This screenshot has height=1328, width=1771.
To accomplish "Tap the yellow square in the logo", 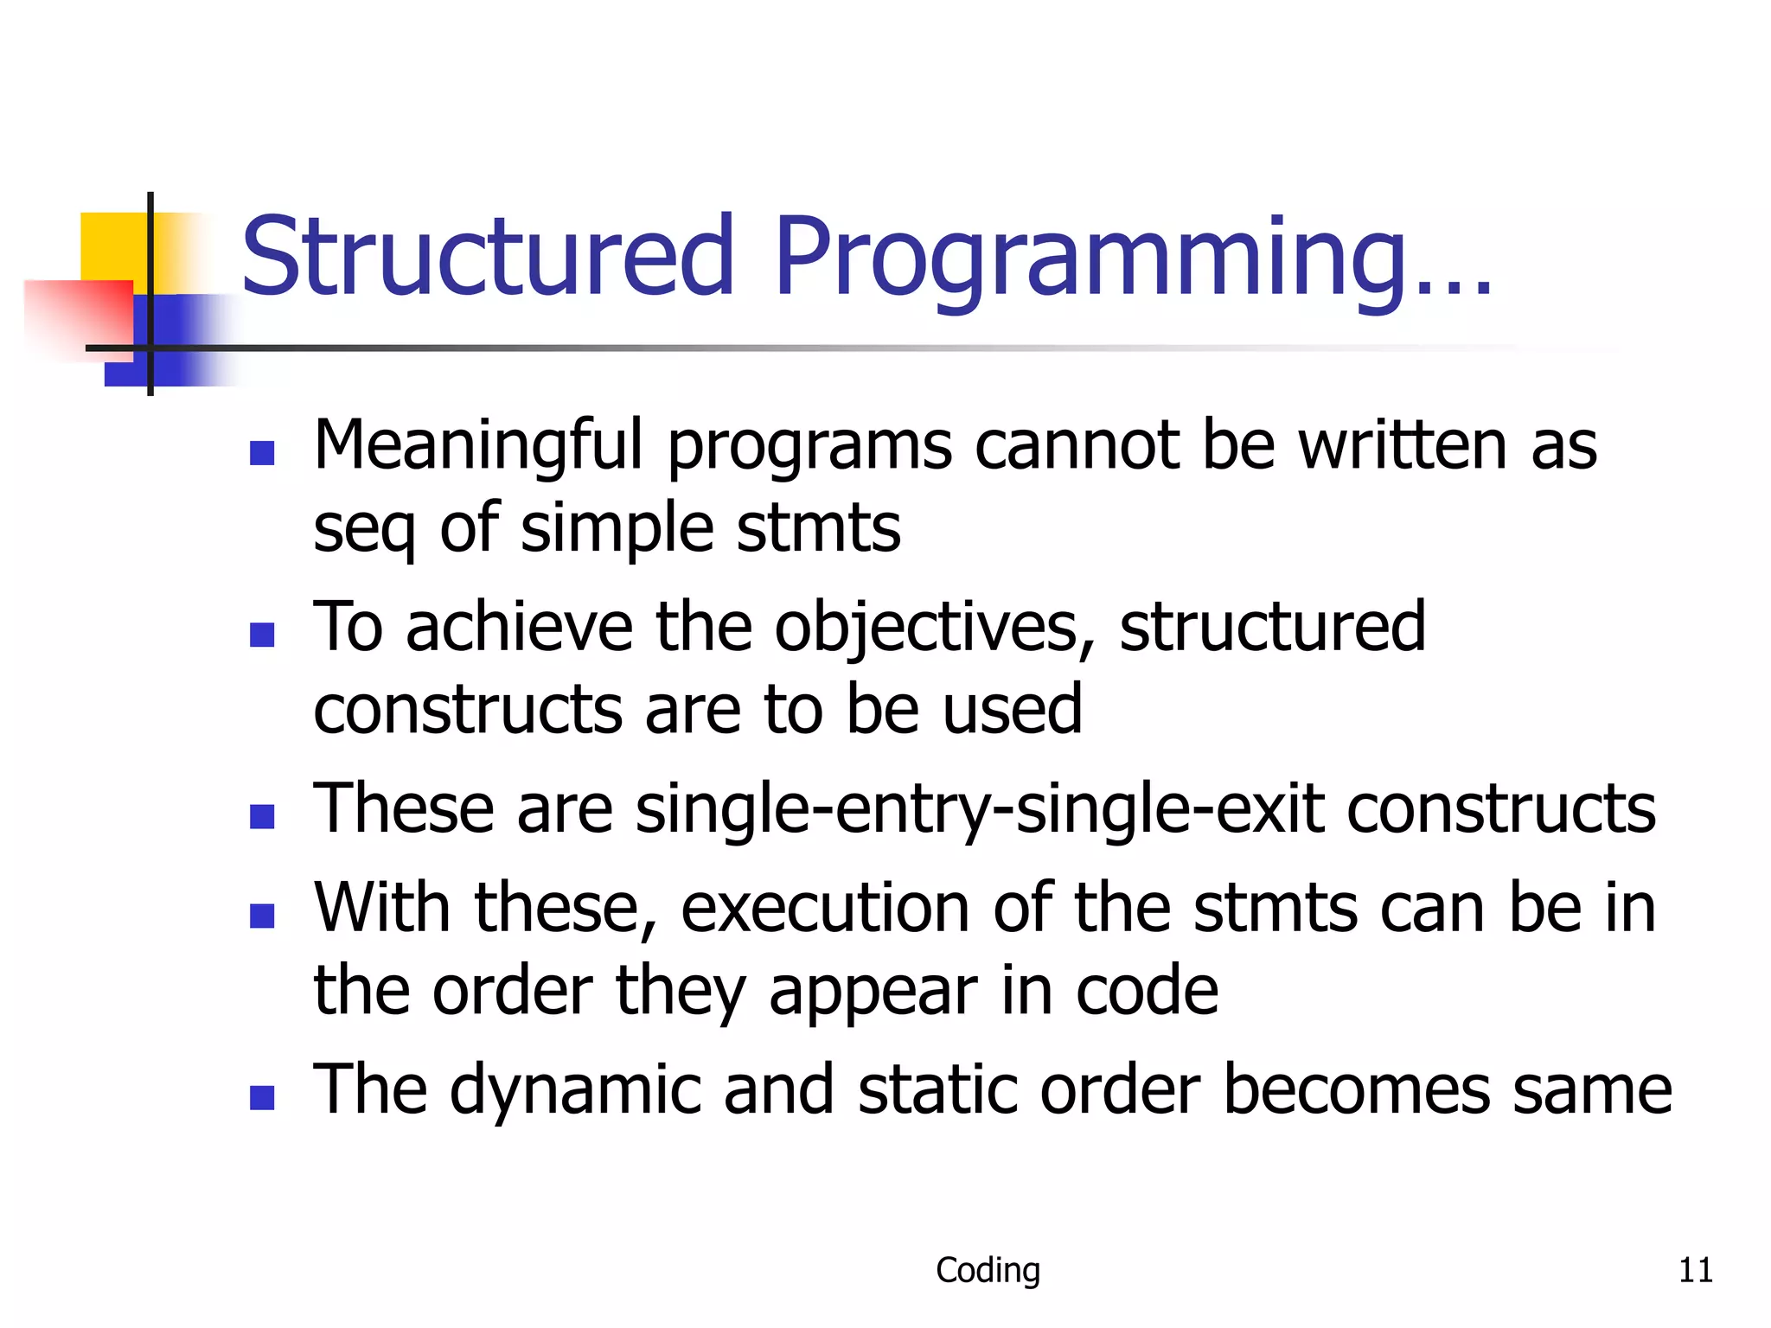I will point(112,246).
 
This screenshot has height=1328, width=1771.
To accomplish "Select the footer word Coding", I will point(988,1270).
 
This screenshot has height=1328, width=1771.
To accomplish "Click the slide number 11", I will point(1695,1270).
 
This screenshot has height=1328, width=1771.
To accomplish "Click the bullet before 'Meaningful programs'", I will point(262,453).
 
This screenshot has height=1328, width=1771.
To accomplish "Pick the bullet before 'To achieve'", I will point(262,635).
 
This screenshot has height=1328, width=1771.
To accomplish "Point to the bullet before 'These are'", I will point(262,816).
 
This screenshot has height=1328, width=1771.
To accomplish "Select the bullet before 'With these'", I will point(262,916).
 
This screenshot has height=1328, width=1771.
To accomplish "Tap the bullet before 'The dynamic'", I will point(262,1097).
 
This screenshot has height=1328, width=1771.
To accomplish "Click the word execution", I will point(825,909).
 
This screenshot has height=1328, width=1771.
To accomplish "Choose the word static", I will point(937,1090).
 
